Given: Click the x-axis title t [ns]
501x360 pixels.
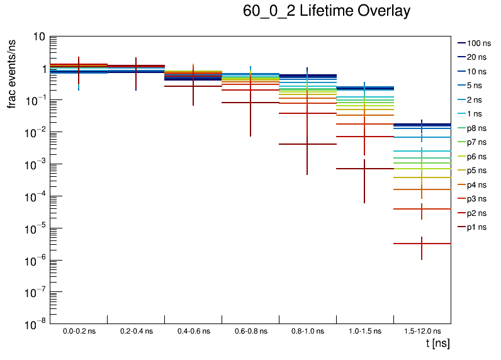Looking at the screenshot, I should (437, 344).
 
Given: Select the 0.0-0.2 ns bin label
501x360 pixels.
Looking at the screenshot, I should (79, 330).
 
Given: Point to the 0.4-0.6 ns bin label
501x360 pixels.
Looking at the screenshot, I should (193, 330).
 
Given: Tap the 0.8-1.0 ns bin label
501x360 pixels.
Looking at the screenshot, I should (308, 330).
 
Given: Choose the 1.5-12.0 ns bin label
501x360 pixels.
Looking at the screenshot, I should (422, 330).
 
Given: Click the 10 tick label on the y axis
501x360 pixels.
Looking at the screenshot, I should (38, 37).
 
